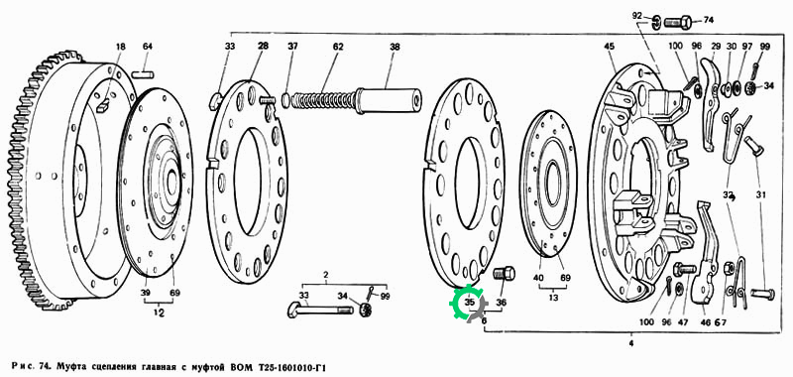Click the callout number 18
(x=120, y=47)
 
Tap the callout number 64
(x=147, y=47)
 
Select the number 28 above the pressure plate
(x=263, y=46)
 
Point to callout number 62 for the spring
(x=338, y=47)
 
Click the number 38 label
(x=395, y=47)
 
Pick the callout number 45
(x=609, y=47)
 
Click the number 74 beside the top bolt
(x=708, y=20)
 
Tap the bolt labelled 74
(x=678, y=23)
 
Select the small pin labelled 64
(x=143, y=74)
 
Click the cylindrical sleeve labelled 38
(x=389, y=100)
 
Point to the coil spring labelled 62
(x=324, y=99)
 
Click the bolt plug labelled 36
(x=504, y=274)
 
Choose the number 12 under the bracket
(x=159, y=314)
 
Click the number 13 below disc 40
(x=553, y=298)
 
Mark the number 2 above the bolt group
(x=326, y=275)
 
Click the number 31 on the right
(x=761, y=193)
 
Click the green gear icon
(x=466, y=303)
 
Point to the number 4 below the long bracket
(x=631, y=343)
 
